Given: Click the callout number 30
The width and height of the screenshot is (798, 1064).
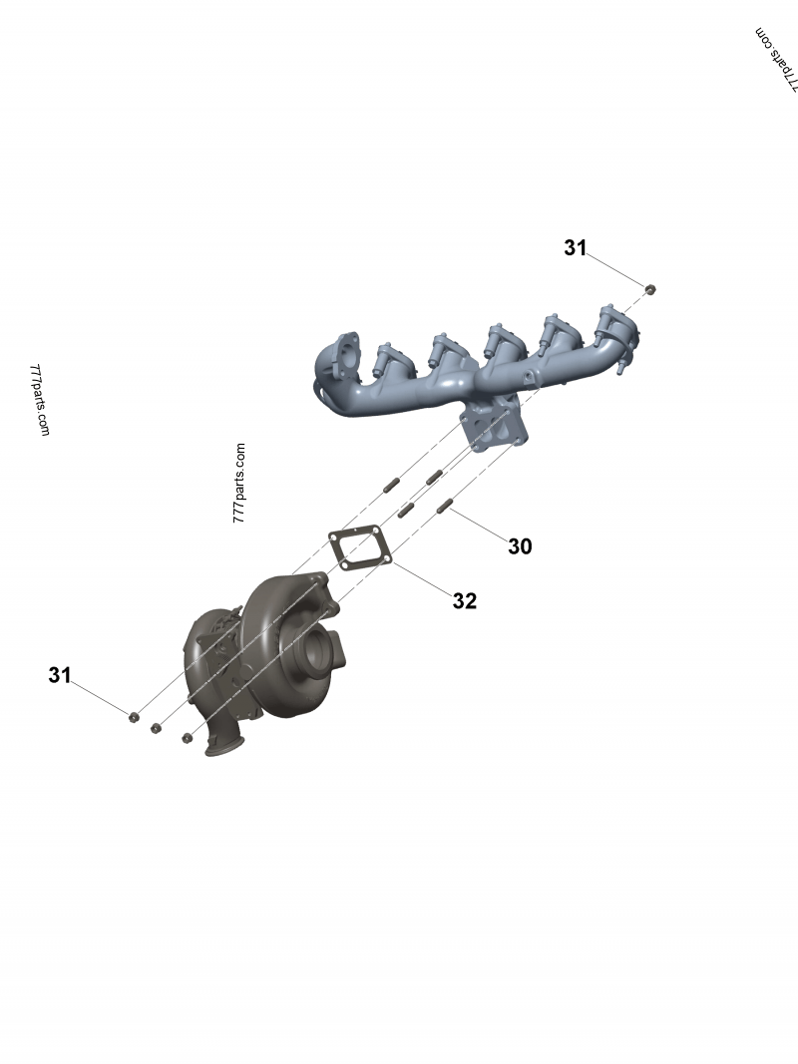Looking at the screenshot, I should pos(520,546).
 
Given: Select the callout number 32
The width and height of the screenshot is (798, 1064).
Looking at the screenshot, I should pos(465,600).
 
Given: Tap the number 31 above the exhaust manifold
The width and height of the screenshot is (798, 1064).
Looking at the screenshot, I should pos(576,248).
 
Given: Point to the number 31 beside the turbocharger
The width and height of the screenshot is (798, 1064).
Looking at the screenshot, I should pos(60,675).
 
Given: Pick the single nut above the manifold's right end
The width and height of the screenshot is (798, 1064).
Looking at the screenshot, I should pos(650,289).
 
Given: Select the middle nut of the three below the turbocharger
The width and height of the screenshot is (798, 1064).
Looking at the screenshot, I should pos(156,728).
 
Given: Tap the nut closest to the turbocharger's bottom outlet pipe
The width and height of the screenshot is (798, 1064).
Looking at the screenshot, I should pos(187,738).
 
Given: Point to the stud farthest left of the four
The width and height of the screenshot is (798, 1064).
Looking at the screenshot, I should pos(390,488).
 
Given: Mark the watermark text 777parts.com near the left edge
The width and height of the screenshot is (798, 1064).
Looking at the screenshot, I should pos(40,399).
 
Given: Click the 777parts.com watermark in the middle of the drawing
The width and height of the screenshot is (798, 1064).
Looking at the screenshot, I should pos(238,484).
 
